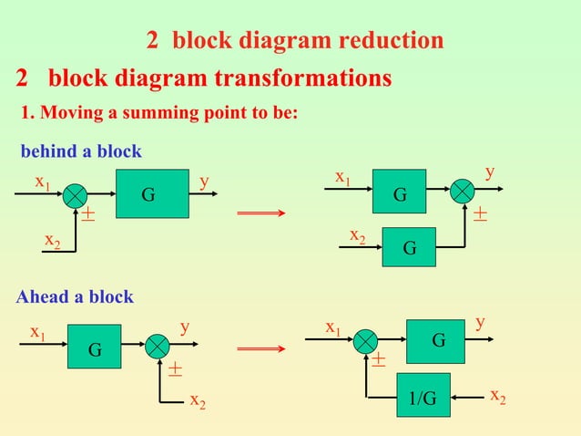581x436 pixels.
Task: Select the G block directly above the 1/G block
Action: point(438,340)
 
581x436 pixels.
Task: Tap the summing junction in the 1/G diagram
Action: point(366,341)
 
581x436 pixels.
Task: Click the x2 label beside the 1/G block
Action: point(498,395)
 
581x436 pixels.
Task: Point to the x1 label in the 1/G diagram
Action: point(334,327)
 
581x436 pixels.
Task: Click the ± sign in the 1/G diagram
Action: point(378,362)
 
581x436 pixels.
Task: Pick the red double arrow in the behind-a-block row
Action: point(261,213)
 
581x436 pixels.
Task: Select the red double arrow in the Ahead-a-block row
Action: point(261,348)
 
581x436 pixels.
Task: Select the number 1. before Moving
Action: point(26,114)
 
